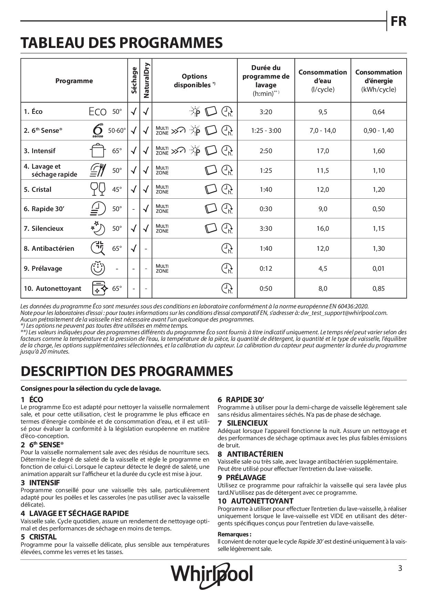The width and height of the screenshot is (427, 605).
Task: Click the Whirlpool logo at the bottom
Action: (212, 575)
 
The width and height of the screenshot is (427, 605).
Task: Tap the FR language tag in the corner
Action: (398, 21)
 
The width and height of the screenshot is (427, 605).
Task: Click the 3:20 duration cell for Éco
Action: (266, 112)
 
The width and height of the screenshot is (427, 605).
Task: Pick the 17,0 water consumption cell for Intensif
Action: (323, 151)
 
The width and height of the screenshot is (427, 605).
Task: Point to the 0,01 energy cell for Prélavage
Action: (378, 268)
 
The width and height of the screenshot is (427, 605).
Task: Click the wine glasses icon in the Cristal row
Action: (97, 189)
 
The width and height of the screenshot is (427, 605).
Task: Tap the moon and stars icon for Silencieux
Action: (97, 228)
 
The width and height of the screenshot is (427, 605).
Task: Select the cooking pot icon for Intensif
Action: (97, 150)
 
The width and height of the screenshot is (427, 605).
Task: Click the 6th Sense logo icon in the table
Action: (98, 130)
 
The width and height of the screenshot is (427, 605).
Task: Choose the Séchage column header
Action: (134, 80)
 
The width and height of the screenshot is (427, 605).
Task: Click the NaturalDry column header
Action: (146, 80)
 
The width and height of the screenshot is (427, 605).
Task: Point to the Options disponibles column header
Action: (195, 81)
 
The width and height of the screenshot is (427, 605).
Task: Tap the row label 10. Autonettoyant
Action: (52, 288)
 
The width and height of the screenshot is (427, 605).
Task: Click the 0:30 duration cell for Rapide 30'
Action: (266, 209)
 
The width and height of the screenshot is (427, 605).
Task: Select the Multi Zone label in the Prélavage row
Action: (162, 268)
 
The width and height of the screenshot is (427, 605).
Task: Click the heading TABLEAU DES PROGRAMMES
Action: (122, 43)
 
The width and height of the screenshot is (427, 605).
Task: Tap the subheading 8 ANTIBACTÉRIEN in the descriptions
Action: (250, 454)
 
